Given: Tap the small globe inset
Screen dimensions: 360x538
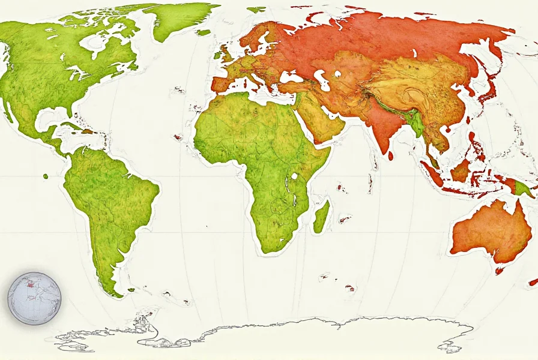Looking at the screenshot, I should point(35,298).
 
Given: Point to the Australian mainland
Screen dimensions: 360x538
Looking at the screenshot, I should point(489,231).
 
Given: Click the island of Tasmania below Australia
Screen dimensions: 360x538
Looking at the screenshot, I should point(499,271).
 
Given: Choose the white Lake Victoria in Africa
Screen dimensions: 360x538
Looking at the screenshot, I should point(295,177).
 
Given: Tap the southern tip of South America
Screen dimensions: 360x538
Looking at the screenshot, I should point(112,290).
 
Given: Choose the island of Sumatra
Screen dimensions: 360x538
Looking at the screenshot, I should point(432,173).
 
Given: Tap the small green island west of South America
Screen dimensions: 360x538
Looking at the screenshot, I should point(46,176).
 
